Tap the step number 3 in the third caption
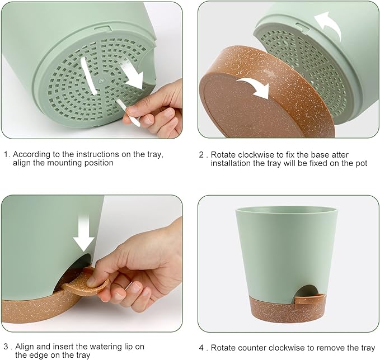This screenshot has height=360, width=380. (x=5, y=346)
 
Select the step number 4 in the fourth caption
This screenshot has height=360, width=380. (x=201, y=346)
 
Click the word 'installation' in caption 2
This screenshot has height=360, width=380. (x=231, y=163)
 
